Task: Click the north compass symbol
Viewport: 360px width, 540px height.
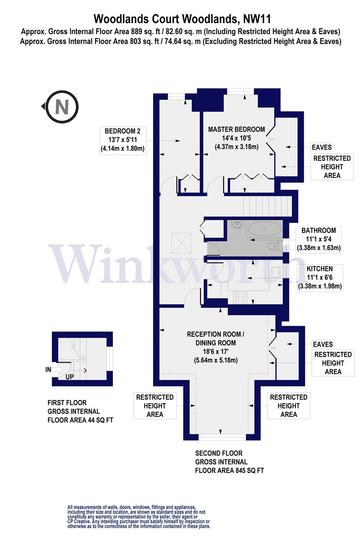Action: (x=62, y=107)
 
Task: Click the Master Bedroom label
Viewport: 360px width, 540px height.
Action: (x=237, y=138)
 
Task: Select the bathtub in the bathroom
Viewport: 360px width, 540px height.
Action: (x=265, y=229)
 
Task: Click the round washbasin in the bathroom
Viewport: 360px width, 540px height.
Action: (x=237, y=225)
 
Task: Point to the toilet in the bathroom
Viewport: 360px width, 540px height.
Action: (x=273, y=246)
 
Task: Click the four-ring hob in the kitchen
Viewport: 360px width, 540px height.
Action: (x=240, y=297)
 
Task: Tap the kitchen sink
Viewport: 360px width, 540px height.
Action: (x=276, y=272)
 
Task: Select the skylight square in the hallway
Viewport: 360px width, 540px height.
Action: (x=181, y=243)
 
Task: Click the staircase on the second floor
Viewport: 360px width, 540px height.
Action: (x=267, y=206)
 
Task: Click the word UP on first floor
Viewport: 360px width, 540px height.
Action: (x=69, y=377)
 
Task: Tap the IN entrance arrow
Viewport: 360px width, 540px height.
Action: (x=58, y=369)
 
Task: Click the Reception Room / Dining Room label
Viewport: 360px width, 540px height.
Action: (x=216, y=347)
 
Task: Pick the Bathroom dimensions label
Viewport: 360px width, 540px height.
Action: (x=319, y=239)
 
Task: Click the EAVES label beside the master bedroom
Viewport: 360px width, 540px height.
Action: (x=321, y=147)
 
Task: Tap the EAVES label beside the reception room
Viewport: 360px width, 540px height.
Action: (x=323, y=344)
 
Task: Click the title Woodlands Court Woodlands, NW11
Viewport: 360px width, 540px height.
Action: (x=182, y=18)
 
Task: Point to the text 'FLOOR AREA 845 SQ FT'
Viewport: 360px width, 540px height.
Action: (x=229, y=471)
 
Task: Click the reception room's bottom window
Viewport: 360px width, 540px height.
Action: (x=222, y=437)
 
